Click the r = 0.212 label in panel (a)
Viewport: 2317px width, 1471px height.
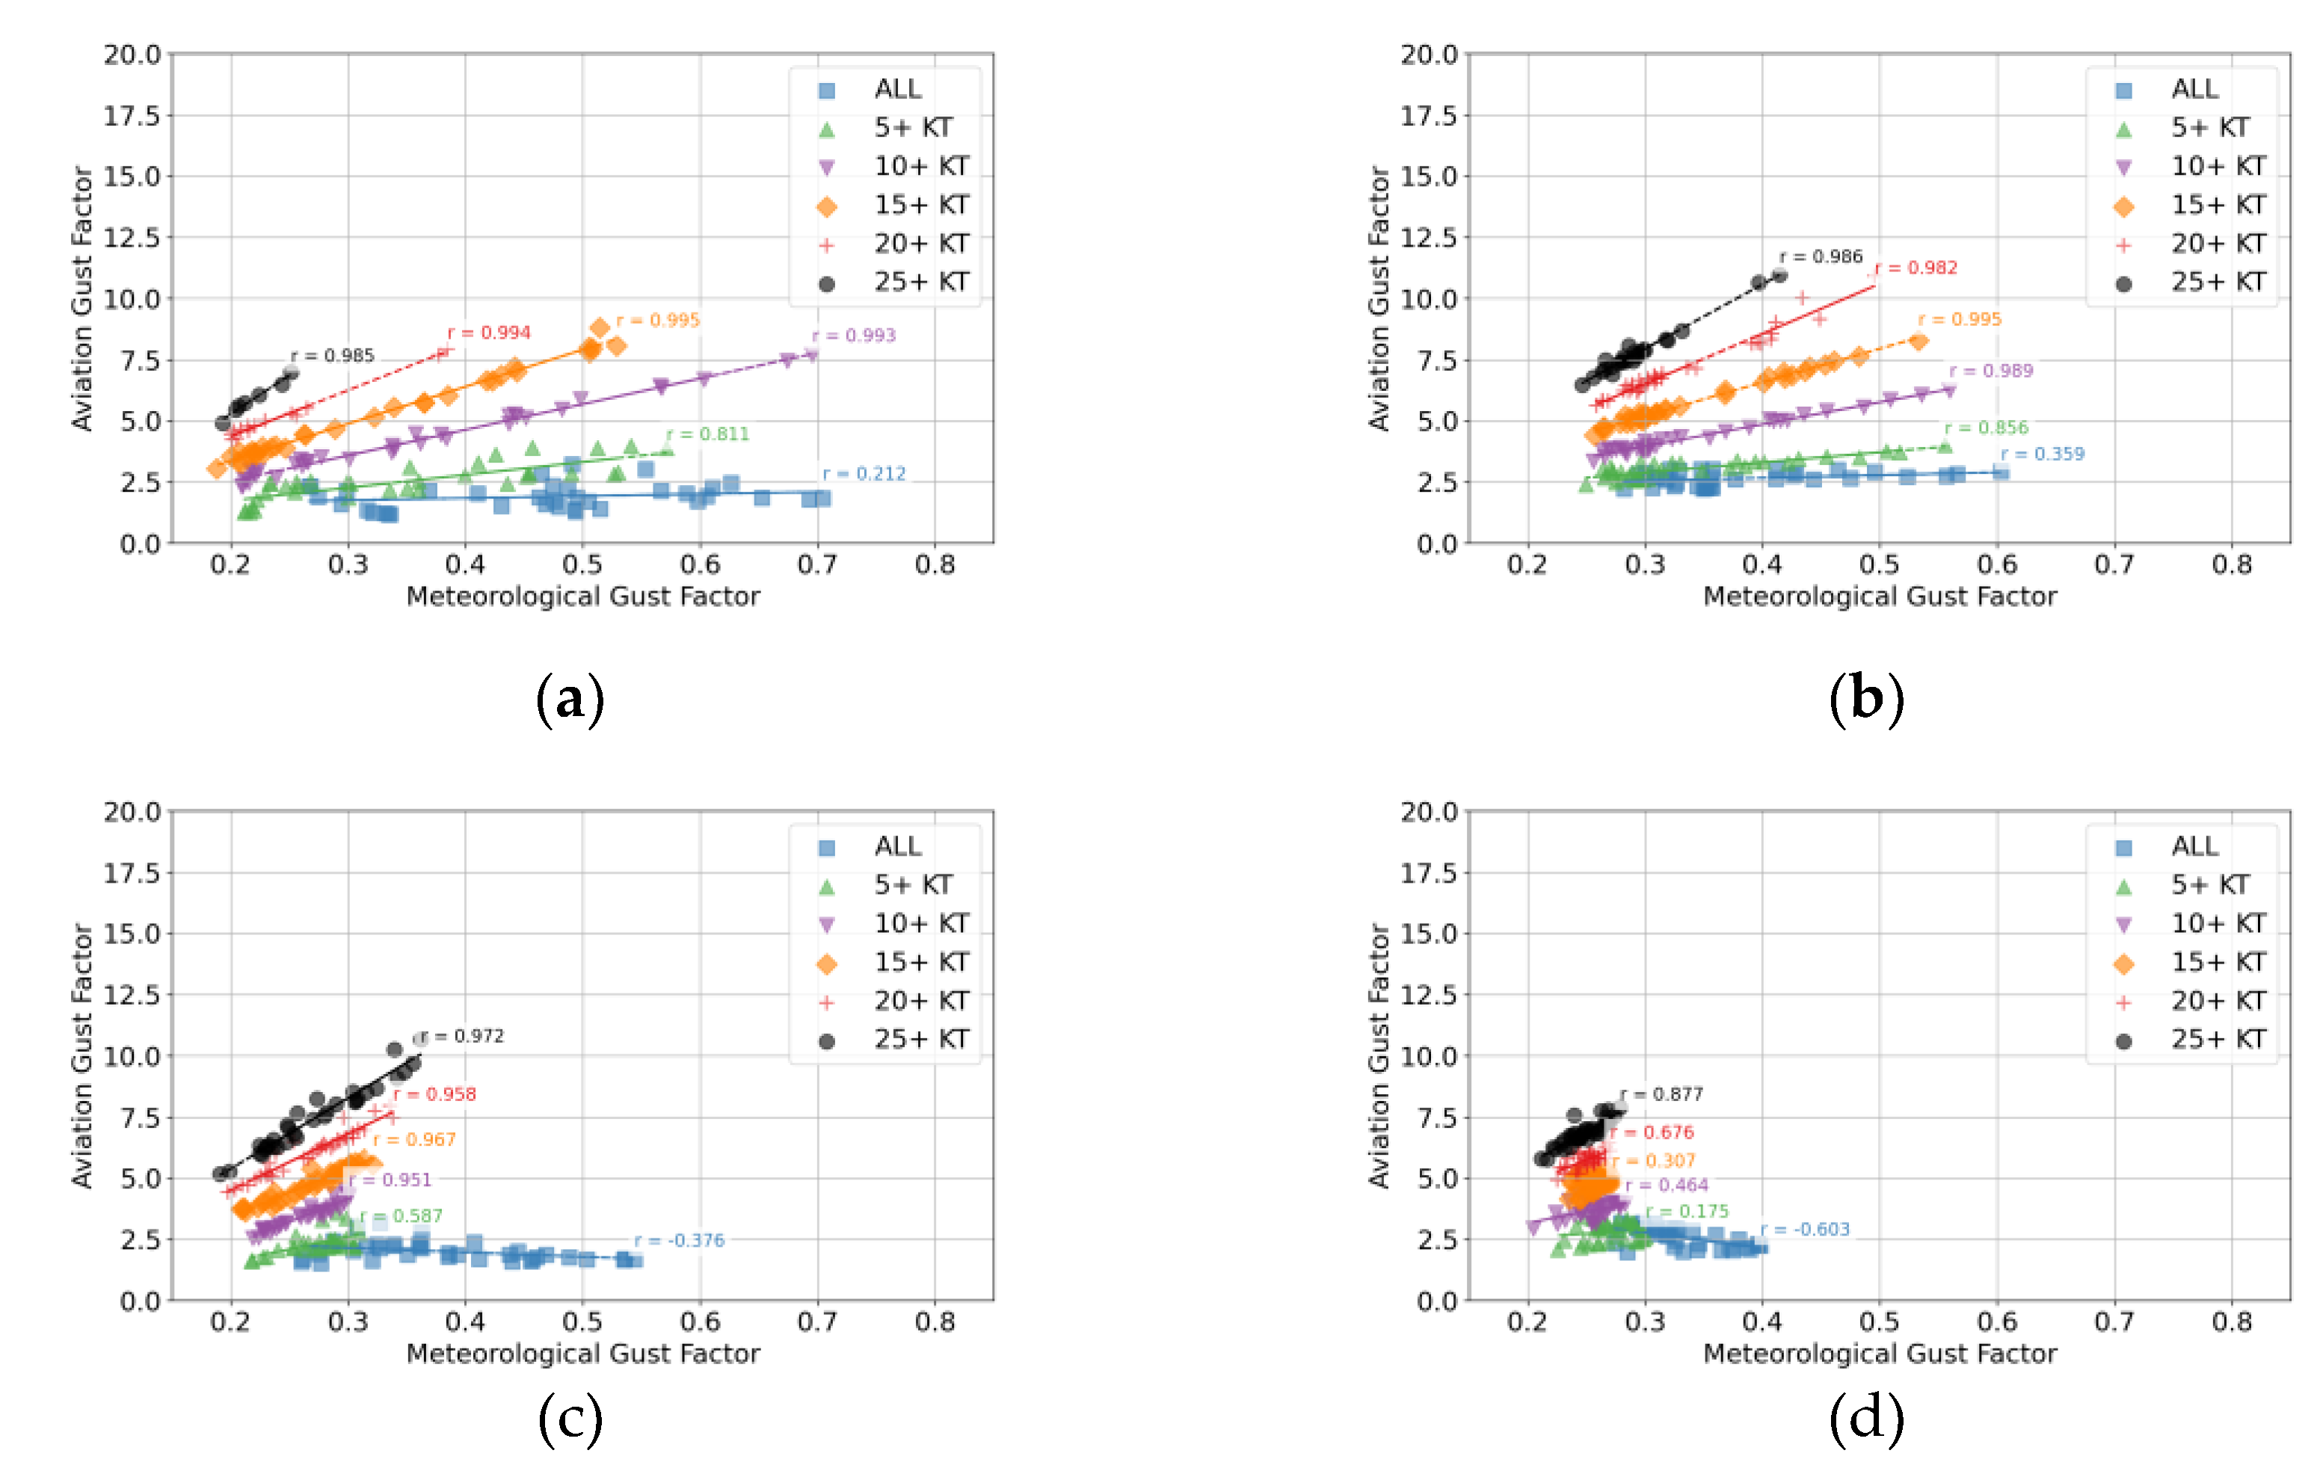pyautogui.click(x=864, y=473)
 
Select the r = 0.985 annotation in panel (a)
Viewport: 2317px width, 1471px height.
pyautogui.click(x=333, y=356)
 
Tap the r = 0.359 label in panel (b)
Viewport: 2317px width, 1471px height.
pyautogui.click(x=2043, y=454)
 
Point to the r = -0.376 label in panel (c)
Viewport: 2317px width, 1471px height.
pyautogui.click(x=680, y=1241)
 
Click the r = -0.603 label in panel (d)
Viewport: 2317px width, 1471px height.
pyautogui.click(x=1805, y=1230)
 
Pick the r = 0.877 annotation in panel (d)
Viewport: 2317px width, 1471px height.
pyautogui.click(x=1662, y=1095)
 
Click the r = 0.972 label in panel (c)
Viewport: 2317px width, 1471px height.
pyautogui.click(x=464, y=1036)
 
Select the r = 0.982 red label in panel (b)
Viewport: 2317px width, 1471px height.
pyautogui.click(x=1917, y=268)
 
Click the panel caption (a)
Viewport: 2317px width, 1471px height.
pyautogui.click(x=570, y=698)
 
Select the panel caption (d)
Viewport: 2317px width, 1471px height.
pyautogui.click(x=1867, y=1419)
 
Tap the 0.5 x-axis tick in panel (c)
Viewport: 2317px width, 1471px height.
pyautogui.click(x=582, y=1322)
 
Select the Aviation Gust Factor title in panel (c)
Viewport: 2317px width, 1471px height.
pyautogui.click(x=81, y=1055)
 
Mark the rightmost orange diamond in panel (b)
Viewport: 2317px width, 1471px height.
pyautogui.click(x=1918, y=342)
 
